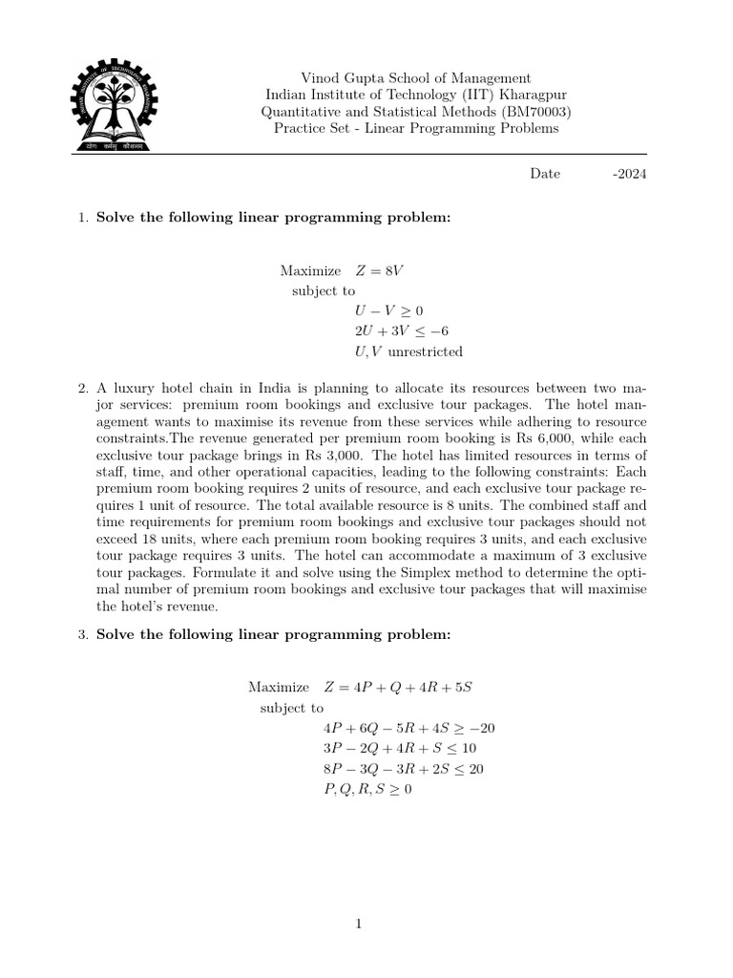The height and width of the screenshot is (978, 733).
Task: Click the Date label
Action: (x=545, y=174)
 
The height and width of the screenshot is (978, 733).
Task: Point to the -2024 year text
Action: (x=628, y=174)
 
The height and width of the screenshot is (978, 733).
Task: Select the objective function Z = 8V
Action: (x=379, y=270)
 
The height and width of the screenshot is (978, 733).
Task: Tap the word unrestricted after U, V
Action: (x=426, y=351)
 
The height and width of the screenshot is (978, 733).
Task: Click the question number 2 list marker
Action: (x=82, y=389)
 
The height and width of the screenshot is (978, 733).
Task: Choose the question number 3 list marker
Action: (x=82, y=635)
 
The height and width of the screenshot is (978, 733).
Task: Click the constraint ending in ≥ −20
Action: (x=409, y=728)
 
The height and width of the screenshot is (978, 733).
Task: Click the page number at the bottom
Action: (x=357, y=924)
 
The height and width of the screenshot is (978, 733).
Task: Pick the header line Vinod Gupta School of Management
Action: (x=416, y=77)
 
